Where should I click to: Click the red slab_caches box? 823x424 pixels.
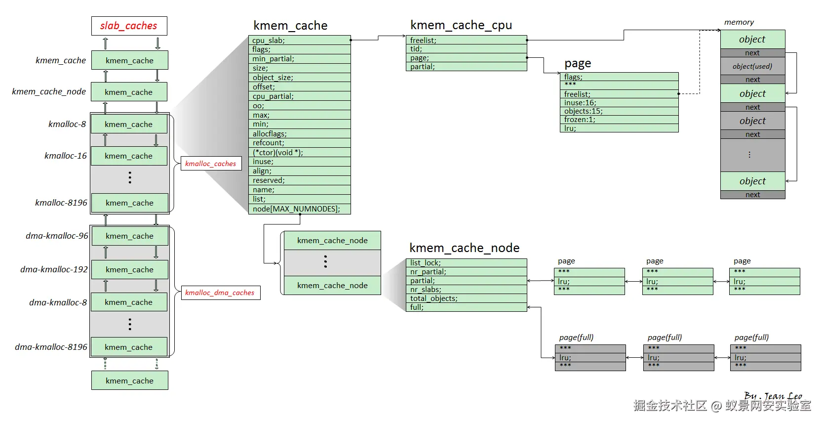[129, 26]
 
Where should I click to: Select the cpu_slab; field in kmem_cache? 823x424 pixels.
[299, 40]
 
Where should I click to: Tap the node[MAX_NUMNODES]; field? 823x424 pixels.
[299, 209]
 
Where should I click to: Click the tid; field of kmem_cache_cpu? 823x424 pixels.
[466, 49]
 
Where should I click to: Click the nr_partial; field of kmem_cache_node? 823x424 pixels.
[466, 272]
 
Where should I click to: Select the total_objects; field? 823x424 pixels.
[466, 298]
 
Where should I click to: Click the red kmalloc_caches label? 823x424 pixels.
[211, 164]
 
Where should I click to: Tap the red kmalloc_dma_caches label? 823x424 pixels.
[220, 293]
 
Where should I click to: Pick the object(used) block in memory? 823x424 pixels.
[752, 66]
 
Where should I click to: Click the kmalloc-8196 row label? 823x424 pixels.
[61, 203]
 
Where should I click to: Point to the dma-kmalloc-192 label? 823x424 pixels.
[54, 269]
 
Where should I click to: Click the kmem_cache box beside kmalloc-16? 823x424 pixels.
[129, 156]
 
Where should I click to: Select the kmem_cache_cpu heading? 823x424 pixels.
[461, 25]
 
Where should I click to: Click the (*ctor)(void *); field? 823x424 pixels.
[299, 153]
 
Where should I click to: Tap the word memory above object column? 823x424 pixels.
[739, 22]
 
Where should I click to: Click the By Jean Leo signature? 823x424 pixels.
[773, 396]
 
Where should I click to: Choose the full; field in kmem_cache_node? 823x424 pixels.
[466, 307]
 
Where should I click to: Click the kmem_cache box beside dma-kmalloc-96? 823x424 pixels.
[129, 236]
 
